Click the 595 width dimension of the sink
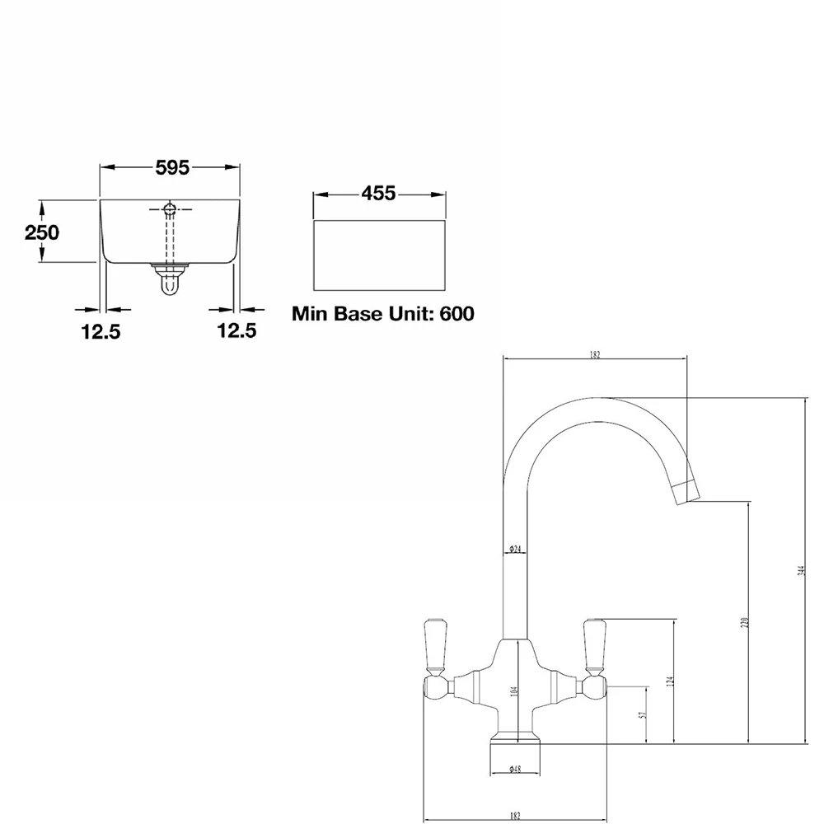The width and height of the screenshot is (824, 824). pos(172,167)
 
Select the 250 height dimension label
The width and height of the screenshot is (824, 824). pos(41,232)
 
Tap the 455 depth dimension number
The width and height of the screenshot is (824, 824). pos(379,194)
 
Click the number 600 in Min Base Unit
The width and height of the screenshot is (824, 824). pos(457,314)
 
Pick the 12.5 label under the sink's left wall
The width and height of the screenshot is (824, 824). pos(101,331)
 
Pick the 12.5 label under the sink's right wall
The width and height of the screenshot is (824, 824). pos(237,331)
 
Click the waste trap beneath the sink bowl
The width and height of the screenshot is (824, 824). pos(170,278)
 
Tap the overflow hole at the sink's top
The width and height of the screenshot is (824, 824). pos(170,208)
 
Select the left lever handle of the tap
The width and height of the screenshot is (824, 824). pos(433,643)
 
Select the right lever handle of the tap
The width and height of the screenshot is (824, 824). pos(593,643)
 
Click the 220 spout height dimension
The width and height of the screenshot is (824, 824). pos(744,624)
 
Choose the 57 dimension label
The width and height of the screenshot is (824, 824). pos(643,715)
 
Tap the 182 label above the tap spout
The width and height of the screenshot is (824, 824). pos(595,355)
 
